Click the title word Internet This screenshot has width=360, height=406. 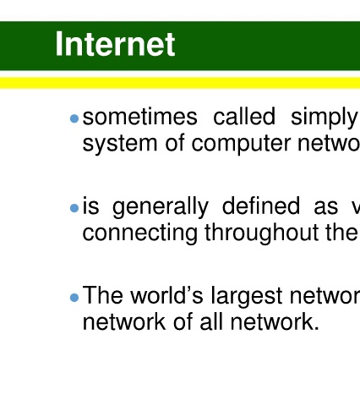pos(115,44)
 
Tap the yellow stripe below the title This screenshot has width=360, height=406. pos(180,83)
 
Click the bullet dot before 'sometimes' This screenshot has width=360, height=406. pos(74,118)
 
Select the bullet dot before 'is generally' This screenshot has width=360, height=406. pos(74,208)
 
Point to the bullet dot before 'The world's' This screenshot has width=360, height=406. pos(74,298)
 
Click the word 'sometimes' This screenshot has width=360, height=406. pos(140,117)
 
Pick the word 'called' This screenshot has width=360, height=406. pos(244,116)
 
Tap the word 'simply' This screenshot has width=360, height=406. pos(324,118)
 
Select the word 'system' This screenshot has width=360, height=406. pos(120,145)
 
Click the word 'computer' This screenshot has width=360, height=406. pos(241,145)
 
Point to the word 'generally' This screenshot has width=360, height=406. pos(161,207)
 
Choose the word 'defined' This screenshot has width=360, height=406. pos(261,206)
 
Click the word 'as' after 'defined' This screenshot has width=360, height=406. pos(326,208)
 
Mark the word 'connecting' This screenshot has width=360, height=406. pos(140,233)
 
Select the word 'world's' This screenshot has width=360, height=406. pos(166,295)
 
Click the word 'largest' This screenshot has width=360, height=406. pos(247,297)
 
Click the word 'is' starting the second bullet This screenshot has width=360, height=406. pos(90,206)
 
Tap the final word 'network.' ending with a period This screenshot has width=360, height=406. pos(275,321)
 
